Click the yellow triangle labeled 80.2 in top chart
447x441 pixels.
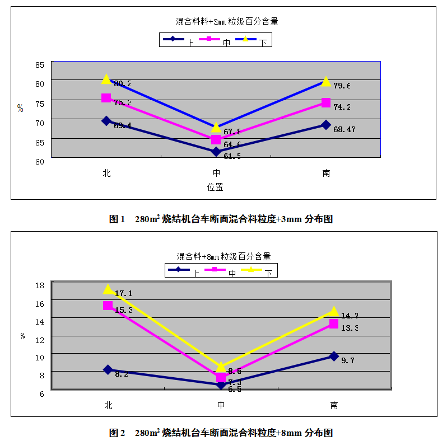tap(106, 79)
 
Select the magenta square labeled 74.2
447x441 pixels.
tap(326, 102)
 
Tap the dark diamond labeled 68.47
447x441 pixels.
tap(326, 125)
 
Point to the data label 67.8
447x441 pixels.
tap(232, 132)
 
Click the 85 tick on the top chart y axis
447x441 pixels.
tap(39, 65)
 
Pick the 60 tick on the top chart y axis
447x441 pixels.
tap(39, 162)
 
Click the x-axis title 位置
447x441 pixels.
tap(216, 187)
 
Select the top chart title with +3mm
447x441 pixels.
tap(227, 22)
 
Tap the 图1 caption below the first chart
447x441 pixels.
tap(221, 219)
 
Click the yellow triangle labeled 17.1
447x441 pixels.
tap(108, 289)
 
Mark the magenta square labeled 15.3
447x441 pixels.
tap(108, 306)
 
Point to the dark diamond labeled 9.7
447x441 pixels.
tap(334, 356)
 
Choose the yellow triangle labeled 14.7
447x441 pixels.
tap(334, 312)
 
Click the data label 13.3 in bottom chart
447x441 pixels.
tap(349, 328)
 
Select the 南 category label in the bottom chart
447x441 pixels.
tap(334, 405)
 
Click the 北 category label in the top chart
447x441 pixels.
tap(106, 173)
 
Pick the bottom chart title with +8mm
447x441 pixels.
tap(223, 256)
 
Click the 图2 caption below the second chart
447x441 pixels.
tap(221, 433)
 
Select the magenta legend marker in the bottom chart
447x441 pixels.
tap(215, 270)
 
